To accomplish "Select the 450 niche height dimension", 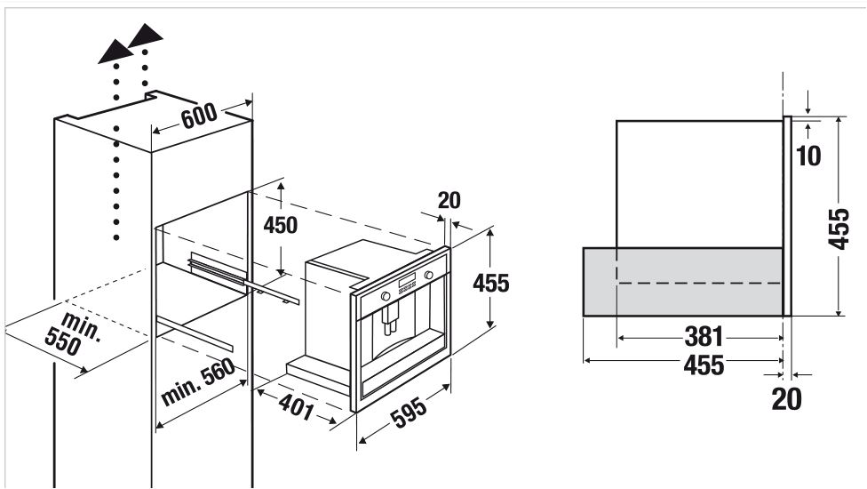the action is point(281,225).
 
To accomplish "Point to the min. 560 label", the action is point(198,381).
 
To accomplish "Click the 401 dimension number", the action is point(297,408).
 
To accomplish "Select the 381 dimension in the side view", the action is point(704,336).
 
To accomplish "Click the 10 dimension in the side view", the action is point(808,156).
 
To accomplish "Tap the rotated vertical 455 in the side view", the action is point(839,228).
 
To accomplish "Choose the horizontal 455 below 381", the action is point(704,365).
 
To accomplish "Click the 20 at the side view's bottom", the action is point(786,399).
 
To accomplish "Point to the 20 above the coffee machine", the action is point(449,200).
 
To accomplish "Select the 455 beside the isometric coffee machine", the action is point(490,284).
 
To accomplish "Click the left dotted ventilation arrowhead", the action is point(115,51).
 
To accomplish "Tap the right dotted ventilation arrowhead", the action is point(145,36).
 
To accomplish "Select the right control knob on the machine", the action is point(428,275).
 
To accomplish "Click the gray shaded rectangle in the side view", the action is point(683,282).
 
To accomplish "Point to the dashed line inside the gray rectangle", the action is point(699,283).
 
